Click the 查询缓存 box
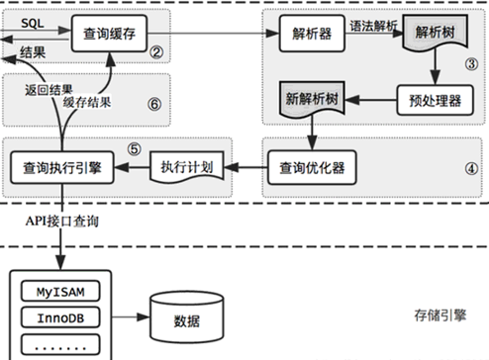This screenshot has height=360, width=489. tap(110, 35)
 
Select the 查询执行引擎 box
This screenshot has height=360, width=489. tap(61, 167)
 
